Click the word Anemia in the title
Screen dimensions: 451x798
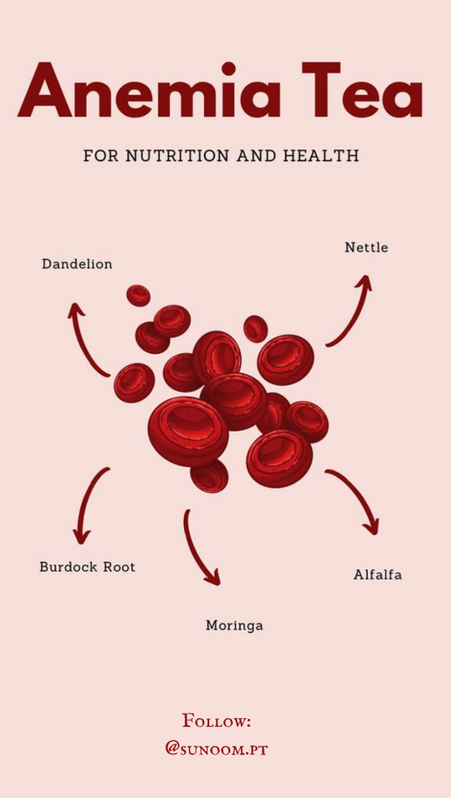149,90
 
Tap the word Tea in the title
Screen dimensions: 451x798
362,90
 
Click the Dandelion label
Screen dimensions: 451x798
77,265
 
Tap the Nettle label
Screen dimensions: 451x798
366,248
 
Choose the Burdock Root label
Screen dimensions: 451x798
88,567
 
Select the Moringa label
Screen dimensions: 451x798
235,626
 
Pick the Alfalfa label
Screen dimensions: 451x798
377,575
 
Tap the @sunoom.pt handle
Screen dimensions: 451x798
216,749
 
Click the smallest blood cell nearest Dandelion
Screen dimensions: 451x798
138,296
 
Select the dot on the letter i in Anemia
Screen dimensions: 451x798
229,69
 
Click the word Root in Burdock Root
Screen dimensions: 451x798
119,567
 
